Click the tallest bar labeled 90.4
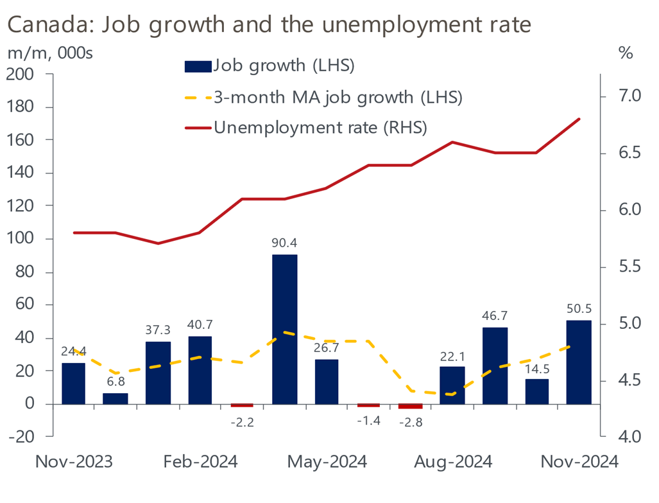pyautogui.click(x=284, y=329)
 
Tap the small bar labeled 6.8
pyautogui.click(x=116, y=398)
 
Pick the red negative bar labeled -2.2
pyautogui.click(x=242, y=405)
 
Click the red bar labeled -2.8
pyautogui.click(x=411, y=406)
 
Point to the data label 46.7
pyautogui.click(x=495, y=315)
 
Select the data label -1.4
pyautogui.click(x=369, y=421)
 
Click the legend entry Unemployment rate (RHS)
pyautogui.click(x=320, y=127)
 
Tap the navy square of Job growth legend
pyautogui.click(x=197, y=66)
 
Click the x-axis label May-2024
pyautogui.click(x=327, y=462)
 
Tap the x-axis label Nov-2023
pyautogui.click(x=74, y=462)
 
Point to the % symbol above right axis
pyautogui.click(x=625, y=53)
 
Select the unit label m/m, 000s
pyautogui.click(x=49, y=53)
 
